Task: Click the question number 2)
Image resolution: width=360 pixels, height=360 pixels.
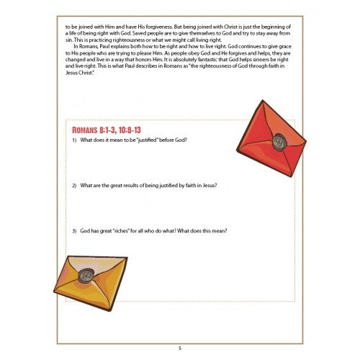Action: point(74,185)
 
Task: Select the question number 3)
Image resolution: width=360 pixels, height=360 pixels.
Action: point(74,230)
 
